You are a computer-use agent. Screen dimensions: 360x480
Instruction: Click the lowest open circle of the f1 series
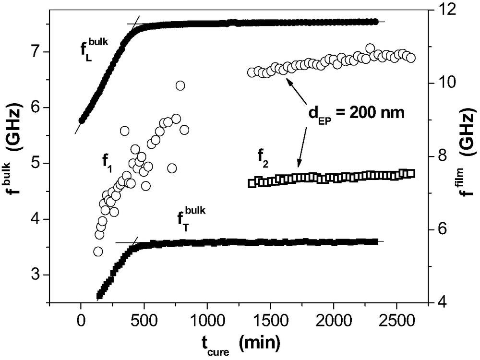[98, 251]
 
